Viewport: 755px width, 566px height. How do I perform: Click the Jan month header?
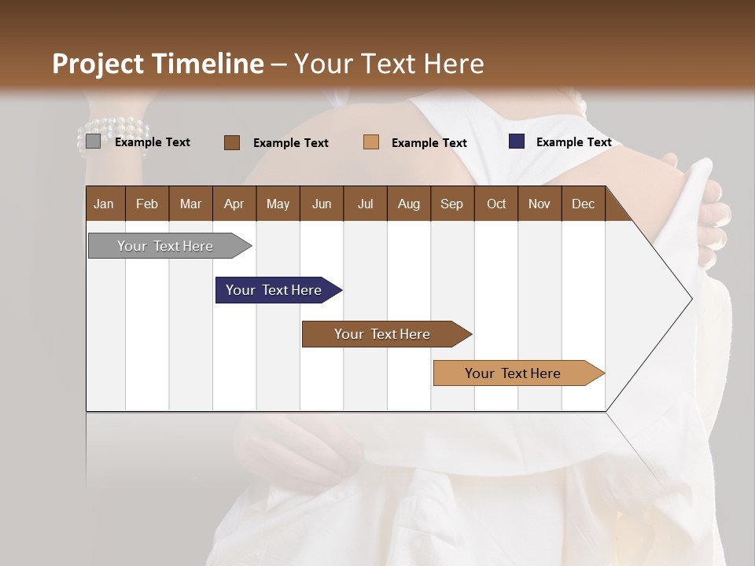[104, 204]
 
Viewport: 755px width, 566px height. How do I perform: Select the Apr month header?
[234, 204]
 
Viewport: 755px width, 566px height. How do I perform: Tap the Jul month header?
[365, 204]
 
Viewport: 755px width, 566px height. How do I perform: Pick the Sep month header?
[451, 204]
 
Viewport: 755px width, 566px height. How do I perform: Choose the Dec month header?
[583, 204]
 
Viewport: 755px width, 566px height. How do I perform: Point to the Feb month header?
[147, 204]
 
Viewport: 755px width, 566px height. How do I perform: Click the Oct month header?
[496, 204]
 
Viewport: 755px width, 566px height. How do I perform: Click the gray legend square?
[93, 141]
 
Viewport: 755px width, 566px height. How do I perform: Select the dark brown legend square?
[231, 142]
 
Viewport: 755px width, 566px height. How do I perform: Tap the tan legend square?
[371, 142]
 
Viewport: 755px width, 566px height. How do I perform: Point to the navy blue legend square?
[517, 141]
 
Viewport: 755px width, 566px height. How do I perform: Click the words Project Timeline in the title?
[157, 64]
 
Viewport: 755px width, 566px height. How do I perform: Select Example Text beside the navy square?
[573, 142]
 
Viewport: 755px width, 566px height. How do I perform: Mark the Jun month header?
[322, 204]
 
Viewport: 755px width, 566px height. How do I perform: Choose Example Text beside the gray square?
[152, 142]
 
